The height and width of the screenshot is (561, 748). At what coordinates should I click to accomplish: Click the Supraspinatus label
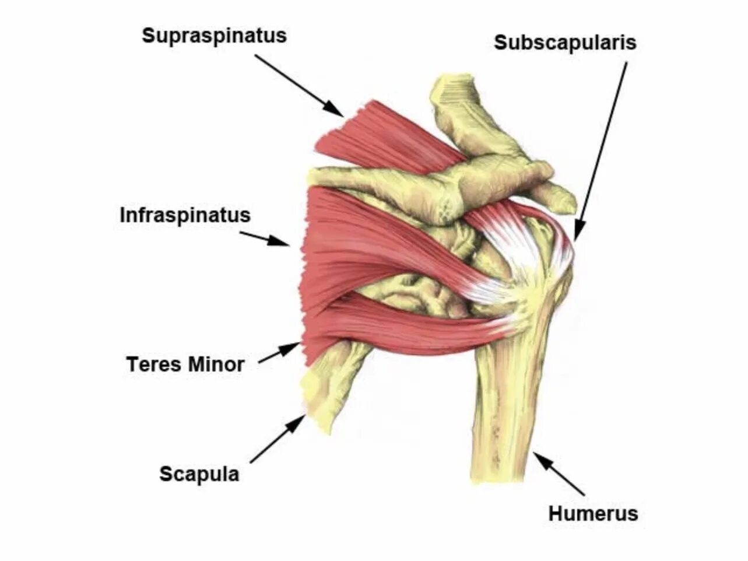click(x=214, y=36)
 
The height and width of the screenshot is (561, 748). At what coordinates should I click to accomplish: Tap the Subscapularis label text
click(x=565, y=43)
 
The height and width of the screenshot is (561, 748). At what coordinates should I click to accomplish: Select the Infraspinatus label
click(x=185, y=215)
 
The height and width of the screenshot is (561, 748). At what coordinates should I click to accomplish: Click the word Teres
click(x=153, y=365)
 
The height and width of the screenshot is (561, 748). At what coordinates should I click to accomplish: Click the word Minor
click(x=215, y=365)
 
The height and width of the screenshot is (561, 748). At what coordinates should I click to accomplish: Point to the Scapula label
click(x=199, y=474)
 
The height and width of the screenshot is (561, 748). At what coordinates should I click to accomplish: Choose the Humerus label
click(x=593, y=514)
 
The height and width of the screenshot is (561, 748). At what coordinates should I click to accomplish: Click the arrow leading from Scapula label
click(x=278, y=439)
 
